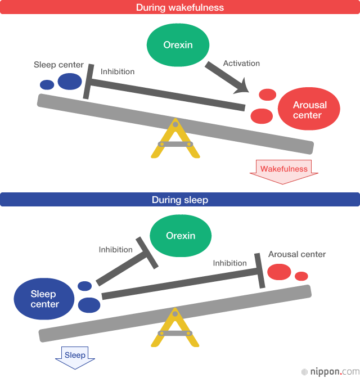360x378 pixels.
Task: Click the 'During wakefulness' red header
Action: tap(180, 8)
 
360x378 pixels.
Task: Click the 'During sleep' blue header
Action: tap(180, 200)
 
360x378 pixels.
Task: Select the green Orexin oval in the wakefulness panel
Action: tap(178, 44)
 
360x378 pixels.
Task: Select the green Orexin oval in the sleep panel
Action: tap(181, 236)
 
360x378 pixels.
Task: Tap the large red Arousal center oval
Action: tap(309, 110)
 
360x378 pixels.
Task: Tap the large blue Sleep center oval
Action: tap(44, 299)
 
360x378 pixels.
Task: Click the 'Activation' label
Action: tap(241, 64)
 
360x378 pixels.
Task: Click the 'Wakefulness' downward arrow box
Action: tap(284, 170)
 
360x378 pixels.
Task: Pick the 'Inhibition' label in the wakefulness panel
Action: tap(118, 71)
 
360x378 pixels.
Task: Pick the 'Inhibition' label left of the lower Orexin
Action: tap(116, 249)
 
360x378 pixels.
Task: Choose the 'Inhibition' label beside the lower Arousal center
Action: tap(229, 263)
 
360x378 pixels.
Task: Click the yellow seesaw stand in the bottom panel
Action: tap(175, 329)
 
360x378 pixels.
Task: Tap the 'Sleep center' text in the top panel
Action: tap(58, 65)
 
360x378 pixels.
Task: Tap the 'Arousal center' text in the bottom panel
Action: tap(297, 254)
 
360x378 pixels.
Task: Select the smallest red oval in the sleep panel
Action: tap(301, 276)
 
